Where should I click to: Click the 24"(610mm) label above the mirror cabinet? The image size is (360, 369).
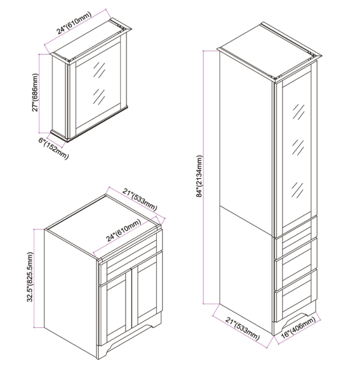pyautogui.click(x=74, y=23)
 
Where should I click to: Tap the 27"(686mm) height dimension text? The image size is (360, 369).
pyautogui.click(x=35, y=93)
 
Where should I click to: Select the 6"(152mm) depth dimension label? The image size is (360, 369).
pyautogui.click(x=54, y=148)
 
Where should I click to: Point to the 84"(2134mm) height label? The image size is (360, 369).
pyautogui.click(x=199, y=176)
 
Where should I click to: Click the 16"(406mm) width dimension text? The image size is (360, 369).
pyautogui.click(x=298, y=327)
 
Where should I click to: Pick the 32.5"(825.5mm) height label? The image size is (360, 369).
pyautogui.click(x=30, y=277)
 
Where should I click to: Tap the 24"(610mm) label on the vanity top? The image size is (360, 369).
pyautogui.click(x=124, y=230)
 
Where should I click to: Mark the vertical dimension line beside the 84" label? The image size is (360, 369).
pyautogui.click(x=204, y=177)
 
